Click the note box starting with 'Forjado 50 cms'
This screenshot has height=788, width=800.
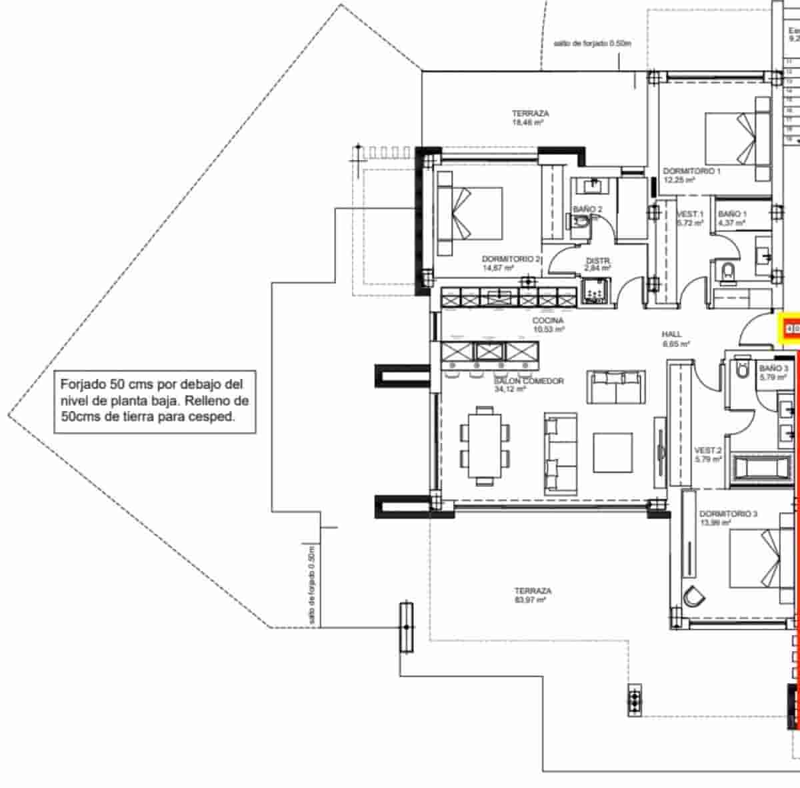pos(154,402)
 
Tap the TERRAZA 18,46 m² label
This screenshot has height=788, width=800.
pos(530,118)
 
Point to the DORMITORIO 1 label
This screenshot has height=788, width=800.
pos(691,175)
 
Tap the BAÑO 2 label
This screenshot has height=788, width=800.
pos(587,210)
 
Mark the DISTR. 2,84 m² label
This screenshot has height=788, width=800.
pos(597,264)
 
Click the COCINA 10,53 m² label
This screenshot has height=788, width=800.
pos(548,325)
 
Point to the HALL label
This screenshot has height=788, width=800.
pos(672,339)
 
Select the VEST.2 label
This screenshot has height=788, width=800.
pos(707,454)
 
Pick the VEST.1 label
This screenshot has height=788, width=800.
pos(689,218)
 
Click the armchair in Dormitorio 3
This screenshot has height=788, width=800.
pos(693,596)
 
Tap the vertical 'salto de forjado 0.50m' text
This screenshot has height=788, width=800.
pos(311,585)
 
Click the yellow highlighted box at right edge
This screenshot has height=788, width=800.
pos(791,328)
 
